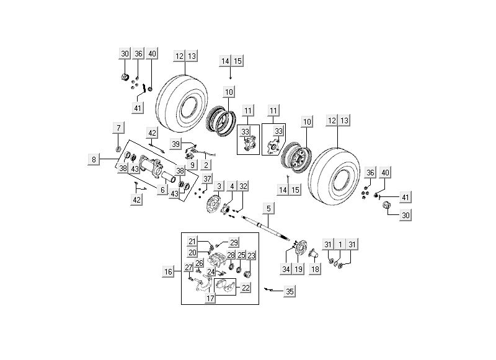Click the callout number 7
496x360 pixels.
click(x=117, y=128)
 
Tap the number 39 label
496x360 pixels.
click(x=176, y=144)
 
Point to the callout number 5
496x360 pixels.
click(x=268, y=208)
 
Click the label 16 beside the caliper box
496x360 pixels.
click(x=168, y=271)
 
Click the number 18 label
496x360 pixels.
click(x=315, y=269)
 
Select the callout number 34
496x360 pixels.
click(x=285, y=269)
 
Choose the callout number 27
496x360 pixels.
click(x=189, y=268)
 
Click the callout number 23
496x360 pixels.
click(x=251, y=255)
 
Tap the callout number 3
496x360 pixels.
click(x=218, y=187)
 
